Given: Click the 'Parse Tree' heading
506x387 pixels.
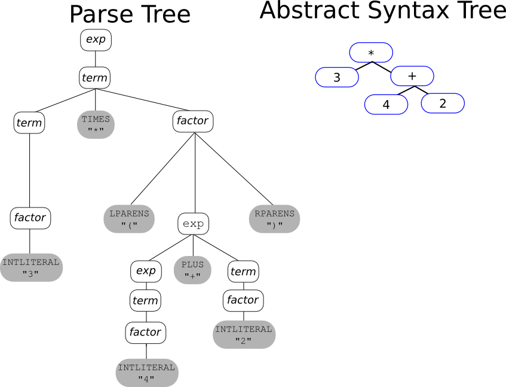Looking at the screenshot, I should click(x=130, y=14).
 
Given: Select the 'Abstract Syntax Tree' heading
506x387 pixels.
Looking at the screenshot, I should click(x=382, y=11).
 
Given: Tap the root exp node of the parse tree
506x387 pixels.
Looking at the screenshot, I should click(x=96, y=39).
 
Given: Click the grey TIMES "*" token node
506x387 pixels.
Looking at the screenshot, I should click(x=96, y=124).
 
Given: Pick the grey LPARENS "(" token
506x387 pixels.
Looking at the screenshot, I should click(x=129, y=219).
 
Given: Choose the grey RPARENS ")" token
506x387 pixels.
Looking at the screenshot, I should click(x=274, y=219).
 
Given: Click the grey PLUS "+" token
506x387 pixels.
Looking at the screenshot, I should click(x=192, y=270).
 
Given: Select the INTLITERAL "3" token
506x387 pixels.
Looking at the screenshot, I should click(x=30, y=267).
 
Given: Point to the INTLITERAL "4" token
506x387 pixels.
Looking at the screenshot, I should click(x=146, y=373).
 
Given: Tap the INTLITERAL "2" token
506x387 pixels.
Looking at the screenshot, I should click(x=244, y=334).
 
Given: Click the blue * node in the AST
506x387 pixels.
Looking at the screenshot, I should click(x=371, y=53).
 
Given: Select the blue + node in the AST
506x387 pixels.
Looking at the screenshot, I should click(x=412, y=76).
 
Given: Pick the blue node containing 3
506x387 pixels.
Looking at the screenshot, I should click(x=337, y=78).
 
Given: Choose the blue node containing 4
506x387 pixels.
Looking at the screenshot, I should click(x=386, y=104).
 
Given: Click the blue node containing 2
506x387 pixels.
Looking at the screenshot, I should click(x=443, y=103).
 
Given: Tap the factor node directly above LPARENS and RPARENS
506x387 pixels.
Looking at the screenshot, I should click(x=192, y=121).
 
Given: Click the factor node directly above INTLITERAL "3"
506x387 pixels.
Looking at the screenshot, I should click(x=30, y=218).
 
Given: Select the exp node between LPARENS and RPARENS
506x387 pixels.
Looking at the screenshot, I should click(x=194, y=224).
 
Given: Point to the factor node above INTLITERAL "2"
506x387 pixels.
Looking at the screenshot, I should click(x=243, y=300).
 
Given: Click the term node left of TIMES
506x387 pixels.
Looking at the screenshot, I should click(x=29, y=123).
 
